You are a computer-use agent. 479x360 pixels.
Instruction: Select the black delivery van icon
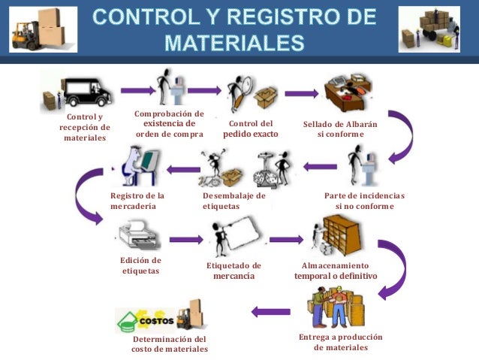coord(87,92)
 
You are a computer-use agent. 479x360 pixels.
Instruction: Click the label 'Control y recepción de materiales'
coord(85,128)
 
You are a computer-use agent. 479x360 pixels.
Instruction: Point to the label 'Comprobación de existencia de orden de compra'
coord(169,124)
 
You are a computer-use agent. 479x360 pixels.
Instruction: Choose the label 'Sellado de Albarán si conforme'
coord(340,129)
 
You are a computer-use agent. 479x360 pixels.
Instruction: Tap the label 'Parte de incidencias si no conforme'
coord(364,201)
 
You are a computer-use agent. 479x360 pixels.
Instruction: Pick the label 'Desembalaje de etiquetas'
coord(234,201)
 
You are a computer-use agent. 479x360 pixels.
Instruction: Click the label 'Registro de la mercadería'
coord(137,201)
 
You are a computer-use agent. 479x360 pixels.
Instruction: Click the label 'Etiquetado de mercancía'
coord(233,271)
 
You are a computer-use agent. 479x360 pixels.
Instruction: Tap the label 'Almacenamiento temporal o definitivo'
coord(336,271)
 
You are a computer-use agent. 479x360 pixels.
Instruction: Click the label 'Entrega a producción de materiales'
coord(341,342)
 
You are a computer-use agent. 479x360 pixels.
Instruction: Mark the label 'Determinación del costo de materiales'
coord(170,343)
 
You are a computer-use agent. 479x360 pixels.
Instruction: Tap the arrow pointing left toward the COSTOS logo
coord(270,311)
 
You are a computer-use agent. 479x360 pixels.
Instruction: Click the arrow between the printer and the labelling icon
coord(186,240)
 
